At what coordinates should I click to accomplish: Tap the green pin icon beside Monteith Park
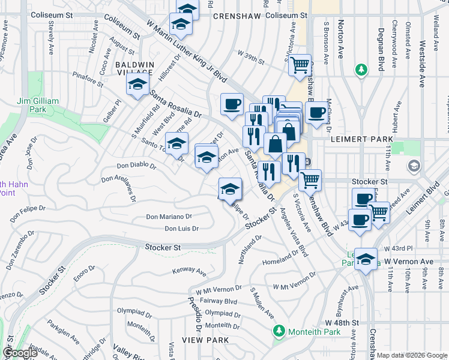coord(279,331)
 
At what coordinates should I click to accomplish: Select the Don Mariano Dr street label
coord(169,217)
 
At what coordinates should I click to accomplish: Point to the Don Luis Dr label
coord(181,229)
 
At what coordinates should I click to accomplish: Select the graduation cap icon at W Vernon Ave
coord(366,259)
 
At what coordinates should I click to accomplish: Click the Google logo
coord(19,353)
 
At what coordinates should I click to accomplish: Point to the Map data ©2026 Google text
coord(412,355)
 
